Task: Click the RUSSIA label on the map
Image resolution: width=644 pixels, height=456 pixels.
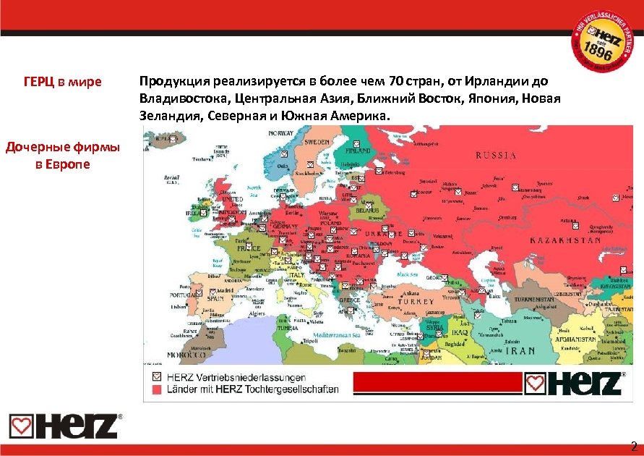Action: [496, 155]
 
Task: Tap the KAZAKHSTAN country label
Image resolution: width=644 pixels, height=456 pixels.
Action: [566, 240]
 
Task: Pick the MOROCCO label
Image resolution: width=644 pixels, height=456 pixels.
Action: [185, 355]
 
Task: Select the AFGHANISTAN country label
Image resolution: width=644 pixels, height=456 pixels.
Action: [575, 339]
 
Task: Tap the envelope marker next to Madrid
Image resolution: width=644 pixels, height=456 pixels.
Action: [212, 291]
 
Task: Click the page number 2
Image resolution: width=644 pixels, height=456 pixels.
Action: [634, 446]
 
